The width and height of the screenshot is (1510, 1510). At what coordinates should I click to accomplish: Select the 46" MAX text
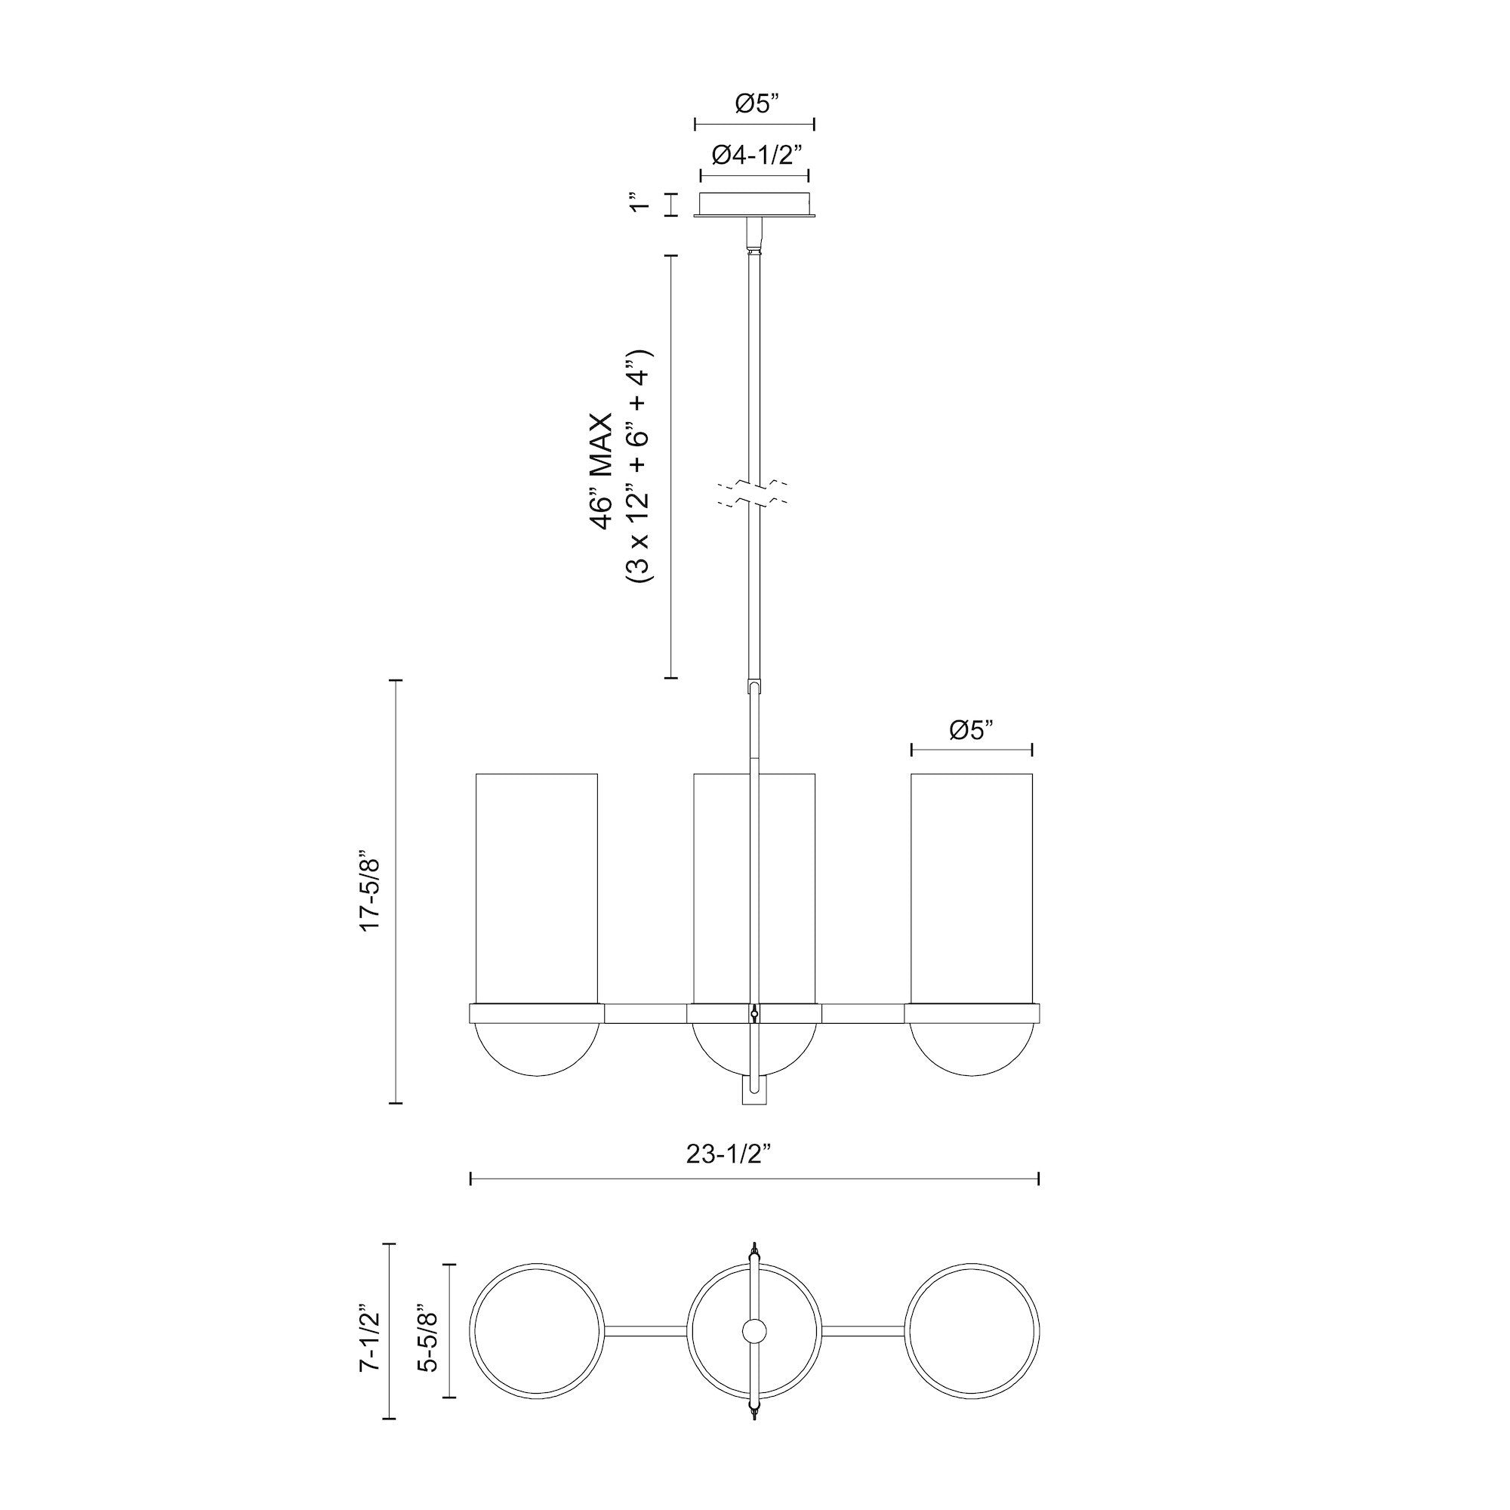[x=602, y=472]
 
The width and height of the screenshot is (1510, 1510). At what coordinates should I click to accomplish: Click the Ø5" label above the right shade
[x=972, y=730]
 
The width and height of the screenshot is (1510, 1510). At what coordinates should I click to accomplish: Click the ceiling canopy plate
[x=754, y=205]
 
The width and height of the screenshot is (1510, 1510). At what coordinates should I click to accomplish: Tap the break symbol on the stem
[x=754, y=492]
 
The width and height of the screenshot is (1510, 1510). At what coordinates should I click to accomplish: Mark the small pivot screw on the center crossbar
[x=754, y=1014]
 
